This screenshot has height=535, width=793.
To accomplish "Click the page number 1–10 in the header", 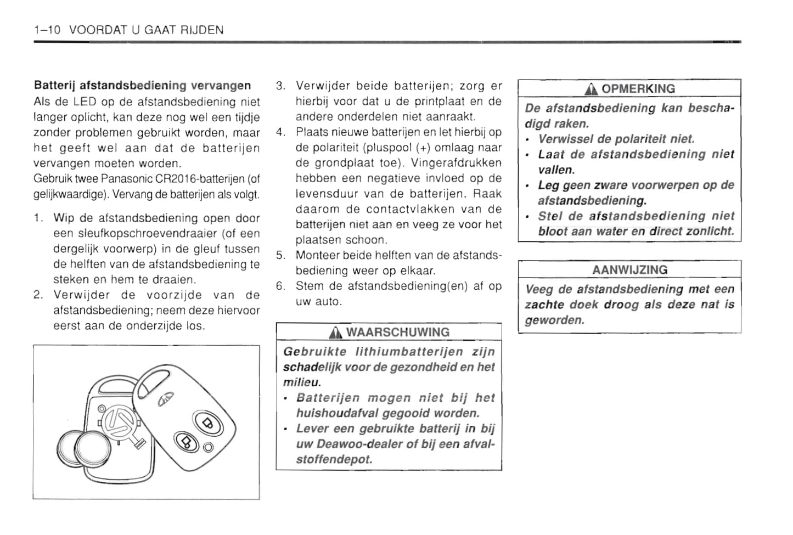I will pos(47,30).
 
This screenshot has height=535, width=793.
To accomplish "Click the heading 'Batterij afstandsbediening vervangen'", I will pos(142,86).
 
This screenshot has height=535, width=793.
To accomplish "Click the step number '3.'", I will pos(280,86).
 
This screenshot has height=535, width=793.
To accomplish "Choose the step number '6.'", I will pos(280,286).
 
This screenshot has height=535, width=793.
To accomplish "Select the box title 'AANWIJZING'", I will pos(629,270).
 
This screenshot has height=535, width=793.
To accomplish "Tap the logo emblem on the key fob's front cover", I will pos(166,399).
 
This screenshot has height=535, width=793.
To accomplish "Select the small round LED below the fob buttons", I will pos(208,447).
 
